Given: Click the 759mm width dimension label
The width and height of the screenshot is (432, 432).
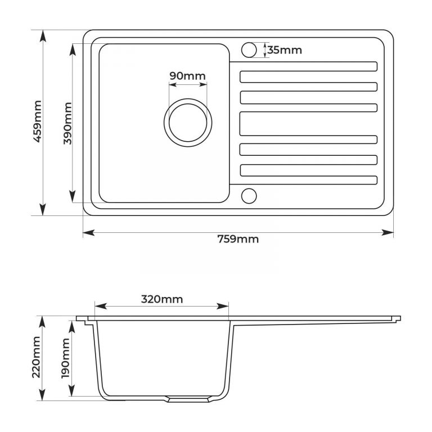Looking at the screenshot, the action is pyautogui.click(x=238, y=239).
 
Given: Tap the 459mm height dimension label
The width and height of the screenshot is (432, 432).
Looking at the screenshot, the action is pyautogui.click(x=38, y=121).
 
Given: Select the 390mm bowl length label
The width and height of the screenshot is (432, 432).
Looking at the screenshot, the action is pyautogui.click(x=67, y=123).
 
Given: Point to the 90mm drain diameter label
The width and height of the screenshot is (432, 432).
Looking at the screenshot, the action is pyautogui.click(x=187, y=76).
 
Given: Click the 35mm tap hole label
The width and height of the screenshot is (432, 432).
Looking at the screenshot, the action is pyautogui.click(x=285, y=50).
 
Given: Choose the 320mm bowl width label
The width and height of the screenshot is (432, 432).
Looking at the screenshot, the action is pyautogui.click(x=162, y=299).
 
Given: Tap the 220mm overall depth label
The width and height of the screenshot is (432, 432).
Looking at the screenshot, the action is pyautogui.click(x=37, y=357).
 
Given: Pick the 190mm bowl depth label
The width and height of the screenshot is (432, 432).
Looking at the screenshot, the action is pyautogui.click(x=66, y=358).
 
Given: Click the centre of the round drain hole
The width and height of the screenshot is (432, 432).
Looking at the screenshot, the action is pyautogui.click(x=188, y=123).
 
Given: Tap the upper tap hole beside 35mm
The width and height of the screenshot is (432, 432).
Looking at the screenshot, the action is pyautogui.click(x=249, y=50).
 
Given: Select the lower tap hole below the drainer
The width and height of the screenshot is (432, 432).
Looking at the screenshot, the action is pyautogui.click(x=249, y=196).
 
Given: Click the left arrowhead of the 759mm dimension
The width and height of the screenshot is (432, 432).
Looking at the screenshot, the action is pyautogui.click(x=89, y=233).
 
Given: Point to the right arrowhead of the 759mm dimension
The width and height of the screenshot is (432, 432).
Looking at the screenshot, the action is pyautogui.click(x=388, y=233).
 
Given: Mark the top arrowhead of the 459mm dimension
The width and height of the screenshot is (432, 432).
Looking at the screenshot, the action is pyautogui.click(x=43, y=36).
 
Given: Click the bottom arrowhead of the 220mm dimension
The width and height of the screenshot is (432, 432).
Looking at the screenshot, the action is pyautogui.click(x=42, y=394).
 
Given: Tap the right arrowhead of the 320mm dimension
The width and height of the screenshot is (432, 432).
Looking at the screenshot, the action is pyautogui.click(x=223, y=306).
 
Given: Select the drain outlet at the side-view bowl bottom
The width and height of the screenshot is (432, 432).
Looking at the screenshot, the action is pyautogui.click(x=188, y=399).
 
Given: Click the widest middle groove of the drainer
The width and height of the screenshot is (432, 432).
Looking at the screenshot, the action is pyautogui.click(x=308, y=124).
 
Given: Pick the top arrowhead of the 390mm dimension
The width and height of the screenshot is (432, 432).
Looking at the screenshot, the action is pyautogui.click(x=73, y=49).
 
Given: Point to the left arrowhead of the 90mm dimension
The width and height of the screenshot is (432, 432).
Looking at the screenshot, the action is pyautogui.click(x=173, y=84).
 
